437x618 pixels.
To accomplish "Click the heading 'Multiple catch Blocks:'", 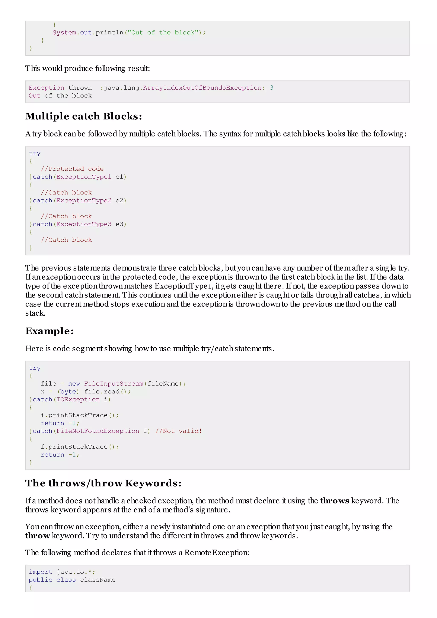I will pyautogui.click(x=83, y=116).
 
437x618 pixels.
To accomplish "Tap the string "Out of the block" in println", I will pyautogui.click(x=163, y=33).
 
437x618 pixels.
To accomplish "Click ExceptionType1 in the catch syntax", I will pyautogui.click(x=83, y=177).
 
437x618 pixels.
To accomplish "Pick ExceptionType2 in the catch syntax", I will pyautogui.click(x=83, y=200).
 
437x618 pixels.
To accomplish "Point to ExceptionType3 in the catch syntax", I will pyautogui.click(x=83, y=224).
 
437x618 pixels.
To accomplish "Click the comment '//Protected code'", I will pyautogui.click(x=72, y=169).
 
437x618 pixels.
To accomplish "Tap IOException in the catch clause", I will pyautogui.click(x=78, y=399).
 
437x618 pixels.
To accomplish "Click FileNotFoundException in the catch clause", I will pyautogui.click(x=98, y=431).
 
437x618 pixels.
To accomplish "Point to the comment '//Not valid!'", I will pyautogui.click(x=178, y=431).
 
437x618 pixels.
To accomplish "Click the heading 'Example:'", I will pyautogui.click(x=50, y=331).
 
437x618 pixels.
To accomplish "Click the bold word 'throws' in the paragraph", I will pyautogui.click(x=334, y=501).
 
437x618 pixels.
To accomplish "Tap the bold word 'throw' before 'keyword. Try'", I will pyautogui.click(x=37, y=536).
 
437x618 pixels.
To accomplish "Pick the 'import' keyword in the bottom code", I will pyautogui.click(x=40, y=572).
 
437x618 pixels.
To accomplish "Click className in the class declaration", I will pyautogui.click(x=98, y=580).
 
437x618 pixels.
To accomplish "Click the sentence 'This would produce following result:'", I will pyautogui.click(x=87, y=68).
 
